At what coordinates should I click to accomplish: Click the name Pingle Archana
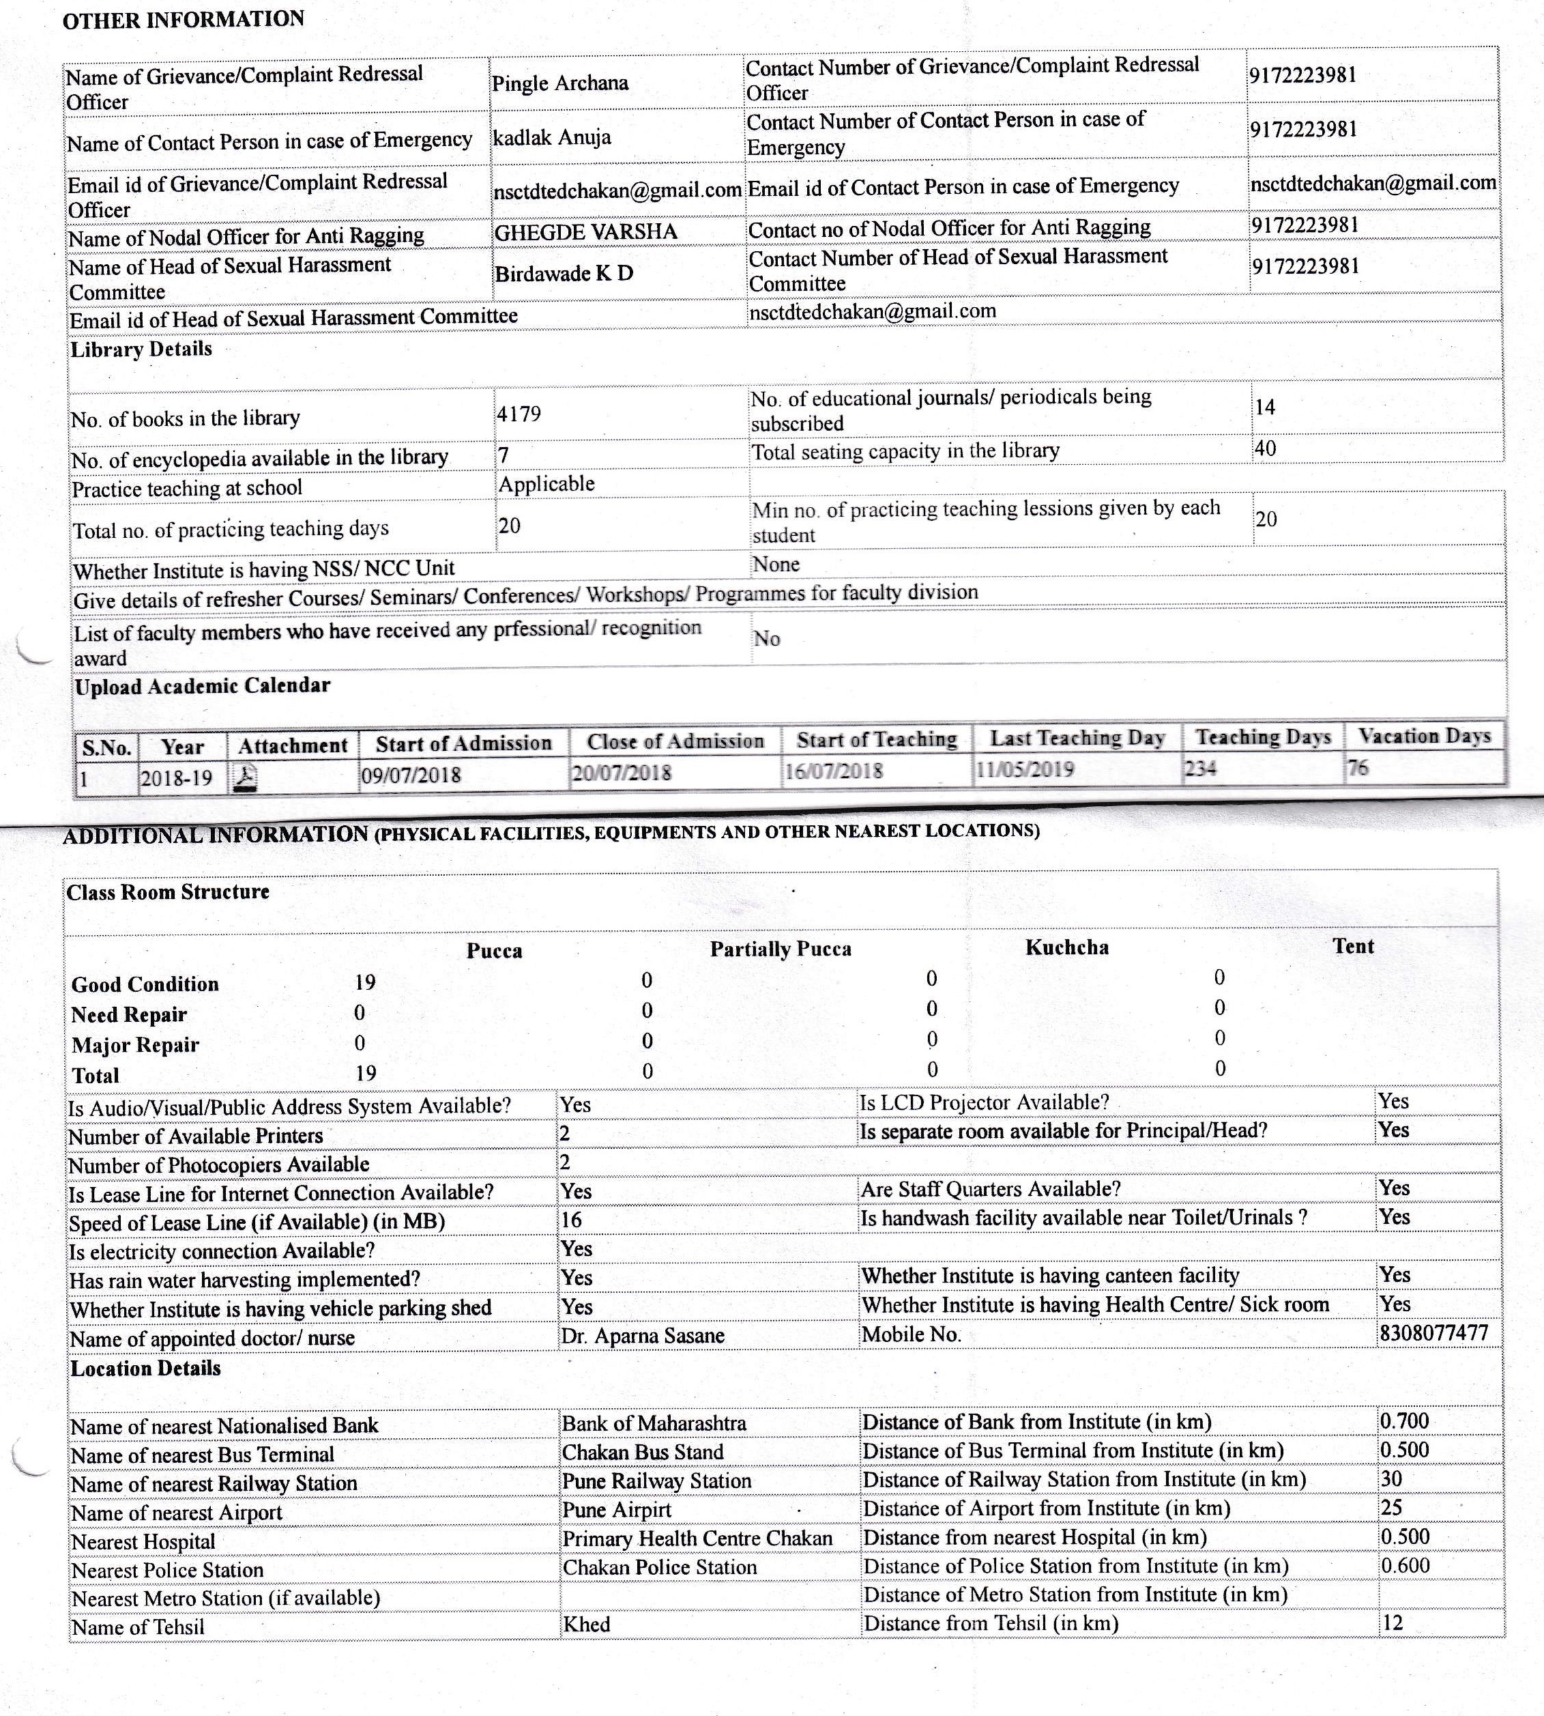pyautogui.click(x=560, y=83)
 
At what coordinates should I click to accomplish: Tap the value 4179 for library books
pyautogui.click(x=519, y=414)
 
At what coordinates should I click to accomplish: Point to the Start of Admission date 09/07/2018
pyautogui.click(x=411, y=775)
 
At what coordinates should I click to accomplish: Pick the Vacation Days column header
pyautogui.click(x=1425, y=736)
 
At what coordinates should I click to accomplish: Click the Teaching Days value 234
pyautogui.click(x=1200, y=769)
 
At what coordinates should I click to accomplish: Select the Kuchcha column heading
pyautogui.click(x=1066, y=947)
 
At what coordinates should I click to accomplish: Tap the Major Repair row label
pyautogui.click(x=135, y=1045)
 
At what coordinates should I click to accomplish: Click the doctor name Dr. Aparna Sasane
pyautogui.click(x=642, y=1336)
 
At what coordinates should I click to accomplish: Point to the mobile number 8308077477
pyautogui.click(x=1433, y=1332)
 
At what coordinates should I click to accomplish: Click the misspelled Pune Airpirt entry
pyautogui.click(x=617, y=1510)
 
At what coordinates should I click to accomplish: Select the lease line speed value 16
pyautogui.click(x=571, y=1220)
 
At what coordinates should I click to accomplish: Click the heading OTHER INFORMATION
pyautogui.click(x=184, y=20)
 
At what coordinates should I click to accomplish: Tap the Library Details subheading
pyautogui.click(x=141, y=349)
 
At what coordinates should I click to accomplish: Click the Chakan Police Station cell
pyautogui.click(x=659, y=1567)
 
